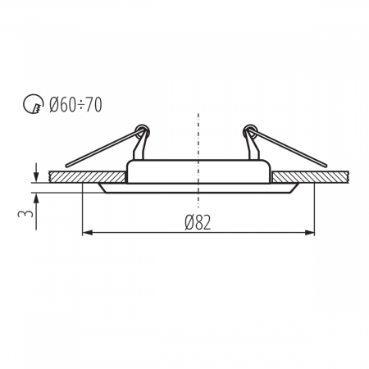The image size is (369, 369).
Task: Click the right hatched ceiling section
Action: pos(312,176)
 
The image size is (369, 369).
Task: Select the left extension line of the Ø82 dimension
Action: pos(83,213)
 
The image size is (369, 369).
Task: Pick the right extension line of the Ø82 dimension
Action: pos(316,213)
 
